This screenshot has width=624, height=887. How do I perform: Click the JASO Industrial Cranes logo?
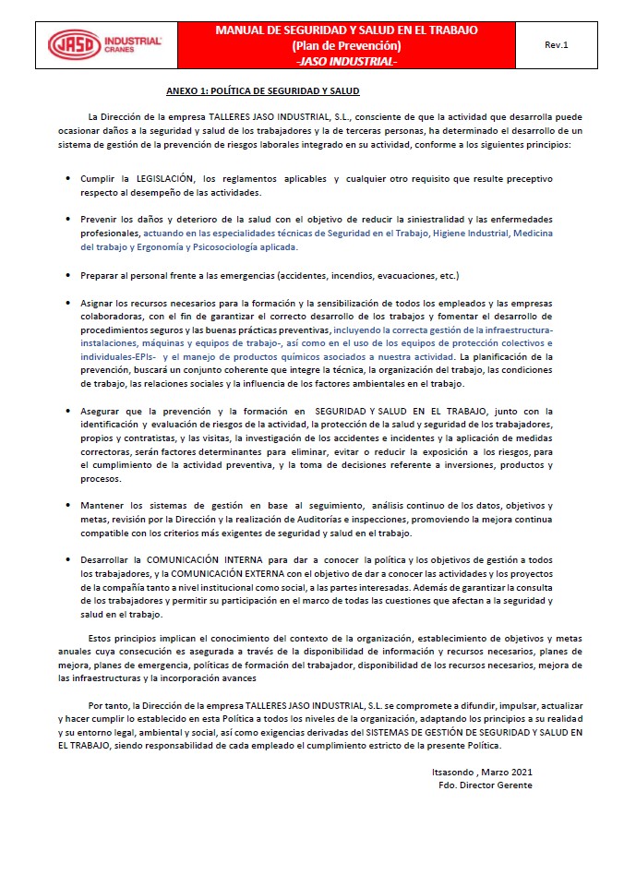(105, 44)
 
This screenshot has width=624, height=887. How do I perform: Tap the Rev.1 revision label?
(557, 44)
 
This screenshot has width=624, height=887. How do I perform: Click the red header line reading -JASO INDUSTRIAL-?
(346, 61)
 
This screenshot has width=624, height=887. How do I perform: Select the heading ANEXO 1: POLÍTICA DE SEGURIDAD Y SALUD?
(263, 91)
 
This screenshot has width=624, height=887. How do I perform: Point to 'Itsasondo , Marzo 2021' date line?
(482, 772)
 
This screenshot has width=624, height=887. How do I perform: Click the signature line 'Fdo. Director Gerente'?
(486, 785)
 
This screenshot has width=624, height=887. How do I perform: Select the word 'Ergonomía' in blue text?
(151, 247)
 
